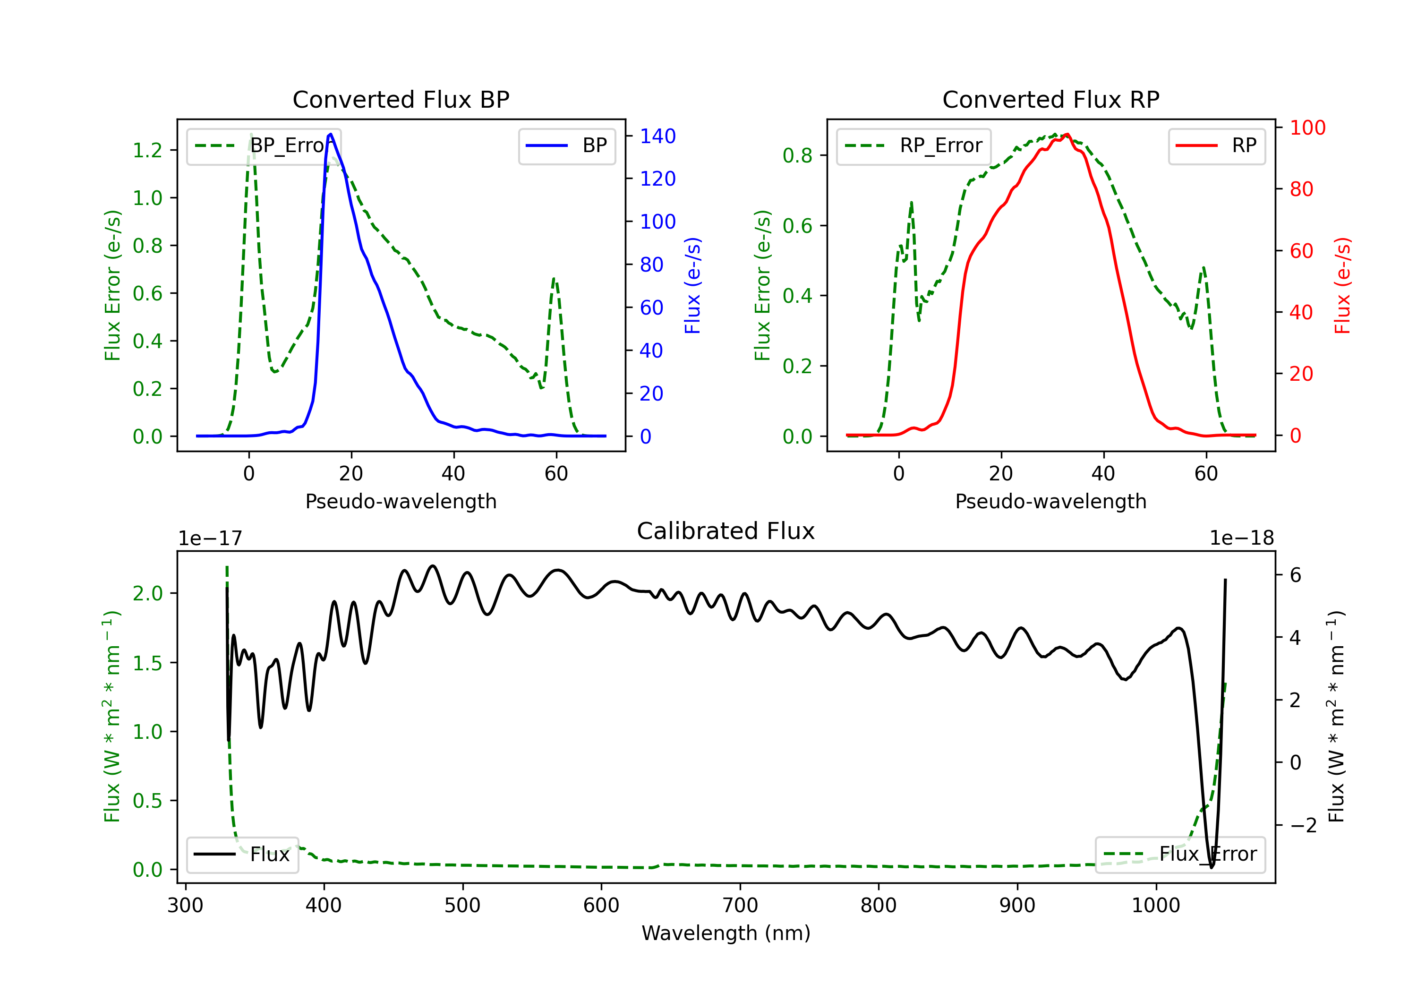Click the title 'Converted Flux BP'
401,99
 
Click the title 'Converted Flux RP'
1050,99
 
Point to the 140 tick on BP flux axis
657,136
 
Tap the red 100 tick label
1307,128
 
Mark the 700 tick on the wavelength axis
740,906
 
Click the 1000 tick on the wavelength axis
1155,906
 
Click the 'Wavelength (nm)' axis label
726,933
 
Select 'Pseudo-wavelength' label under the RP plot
1050,501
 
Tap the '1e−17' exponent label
210,539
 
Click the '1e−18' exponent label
1241,539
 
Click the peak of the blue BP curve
331,134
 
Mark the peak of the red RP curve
1067,134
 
